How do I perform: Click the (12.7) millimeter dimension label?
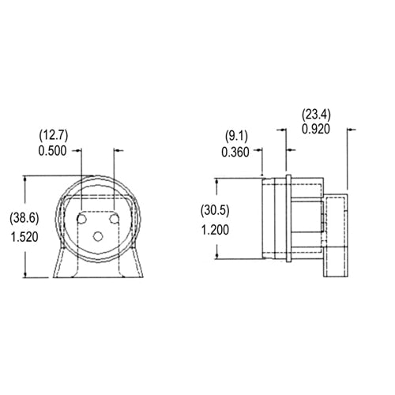(x=54, y=136)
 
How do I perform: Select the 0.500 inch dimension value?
(x=52, y=151)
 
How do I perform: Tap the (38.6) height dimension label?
(x=24, y=219)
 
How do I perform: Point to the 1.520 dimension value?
(x=24, y=237)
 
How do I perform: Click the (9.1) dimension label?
(x=236, y=137)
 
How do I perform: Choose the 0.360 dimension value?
(x=235, y=152)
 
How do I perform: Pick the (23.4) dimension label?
(x=316, y=115)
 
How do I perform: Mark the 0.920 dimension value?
(x=316, y=130)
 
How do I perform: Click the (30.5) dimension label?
(x=215, y=211)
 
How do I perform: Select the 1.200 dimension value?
(x=215, y=230)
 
